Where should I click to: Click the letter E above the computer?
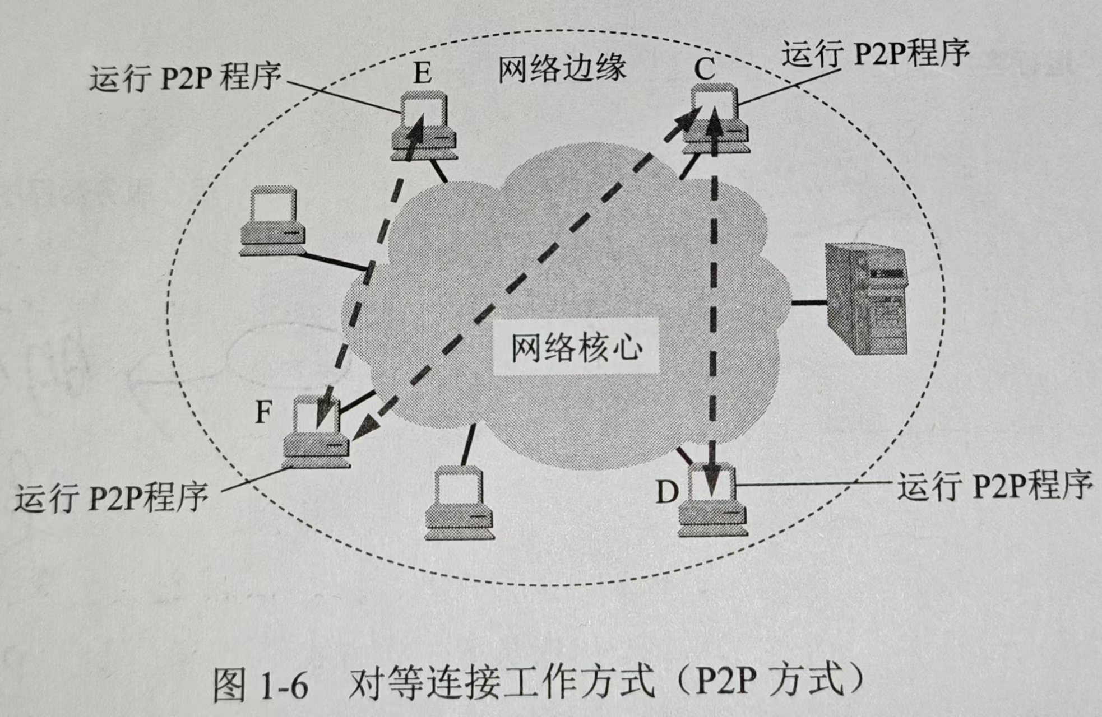pos(423,73)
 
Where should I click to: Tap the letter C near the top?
pos(705,69)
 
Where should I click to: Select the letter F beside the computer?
pos(263,413)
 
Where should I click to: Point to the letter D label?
pos(667,493)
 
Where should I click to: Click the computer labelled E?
pos(424,127)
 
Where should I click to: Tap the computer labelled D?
pos(712,501)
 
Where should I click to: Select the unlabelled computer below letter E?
pos(272,222)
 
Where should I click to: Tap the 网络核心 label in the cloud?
pos(576,347)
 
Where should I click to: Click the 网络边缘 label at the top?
pos(562,69)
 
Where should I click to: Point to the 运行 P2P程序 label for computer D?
pos(994,486)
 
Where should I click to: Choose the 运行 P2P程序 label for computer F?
pos(111,496)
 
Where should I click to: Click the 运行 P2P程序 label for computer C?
pos(875,54)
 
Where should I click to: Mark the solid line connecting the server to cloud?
pos(809,302)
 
